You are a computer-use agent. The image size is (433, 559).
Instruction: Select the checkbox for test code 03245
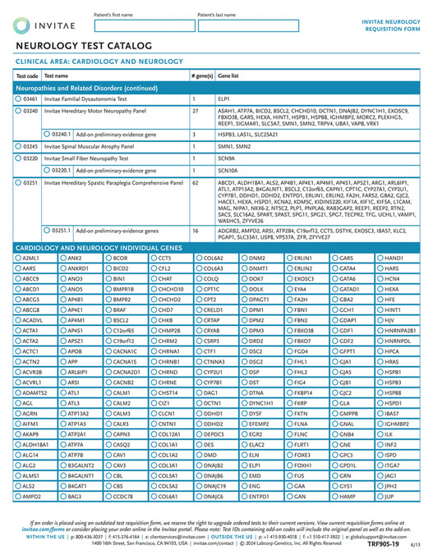click(x=19, y=145)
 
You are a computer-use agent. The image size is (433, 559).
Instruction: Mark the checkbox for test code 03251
click(x=19, y=181)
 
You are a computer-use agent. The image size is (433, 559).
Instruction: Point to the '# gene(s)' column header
click(x=201, y=75)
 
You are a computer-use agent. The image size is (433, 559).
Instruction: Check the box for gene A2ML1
click(x=19, y=259)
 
